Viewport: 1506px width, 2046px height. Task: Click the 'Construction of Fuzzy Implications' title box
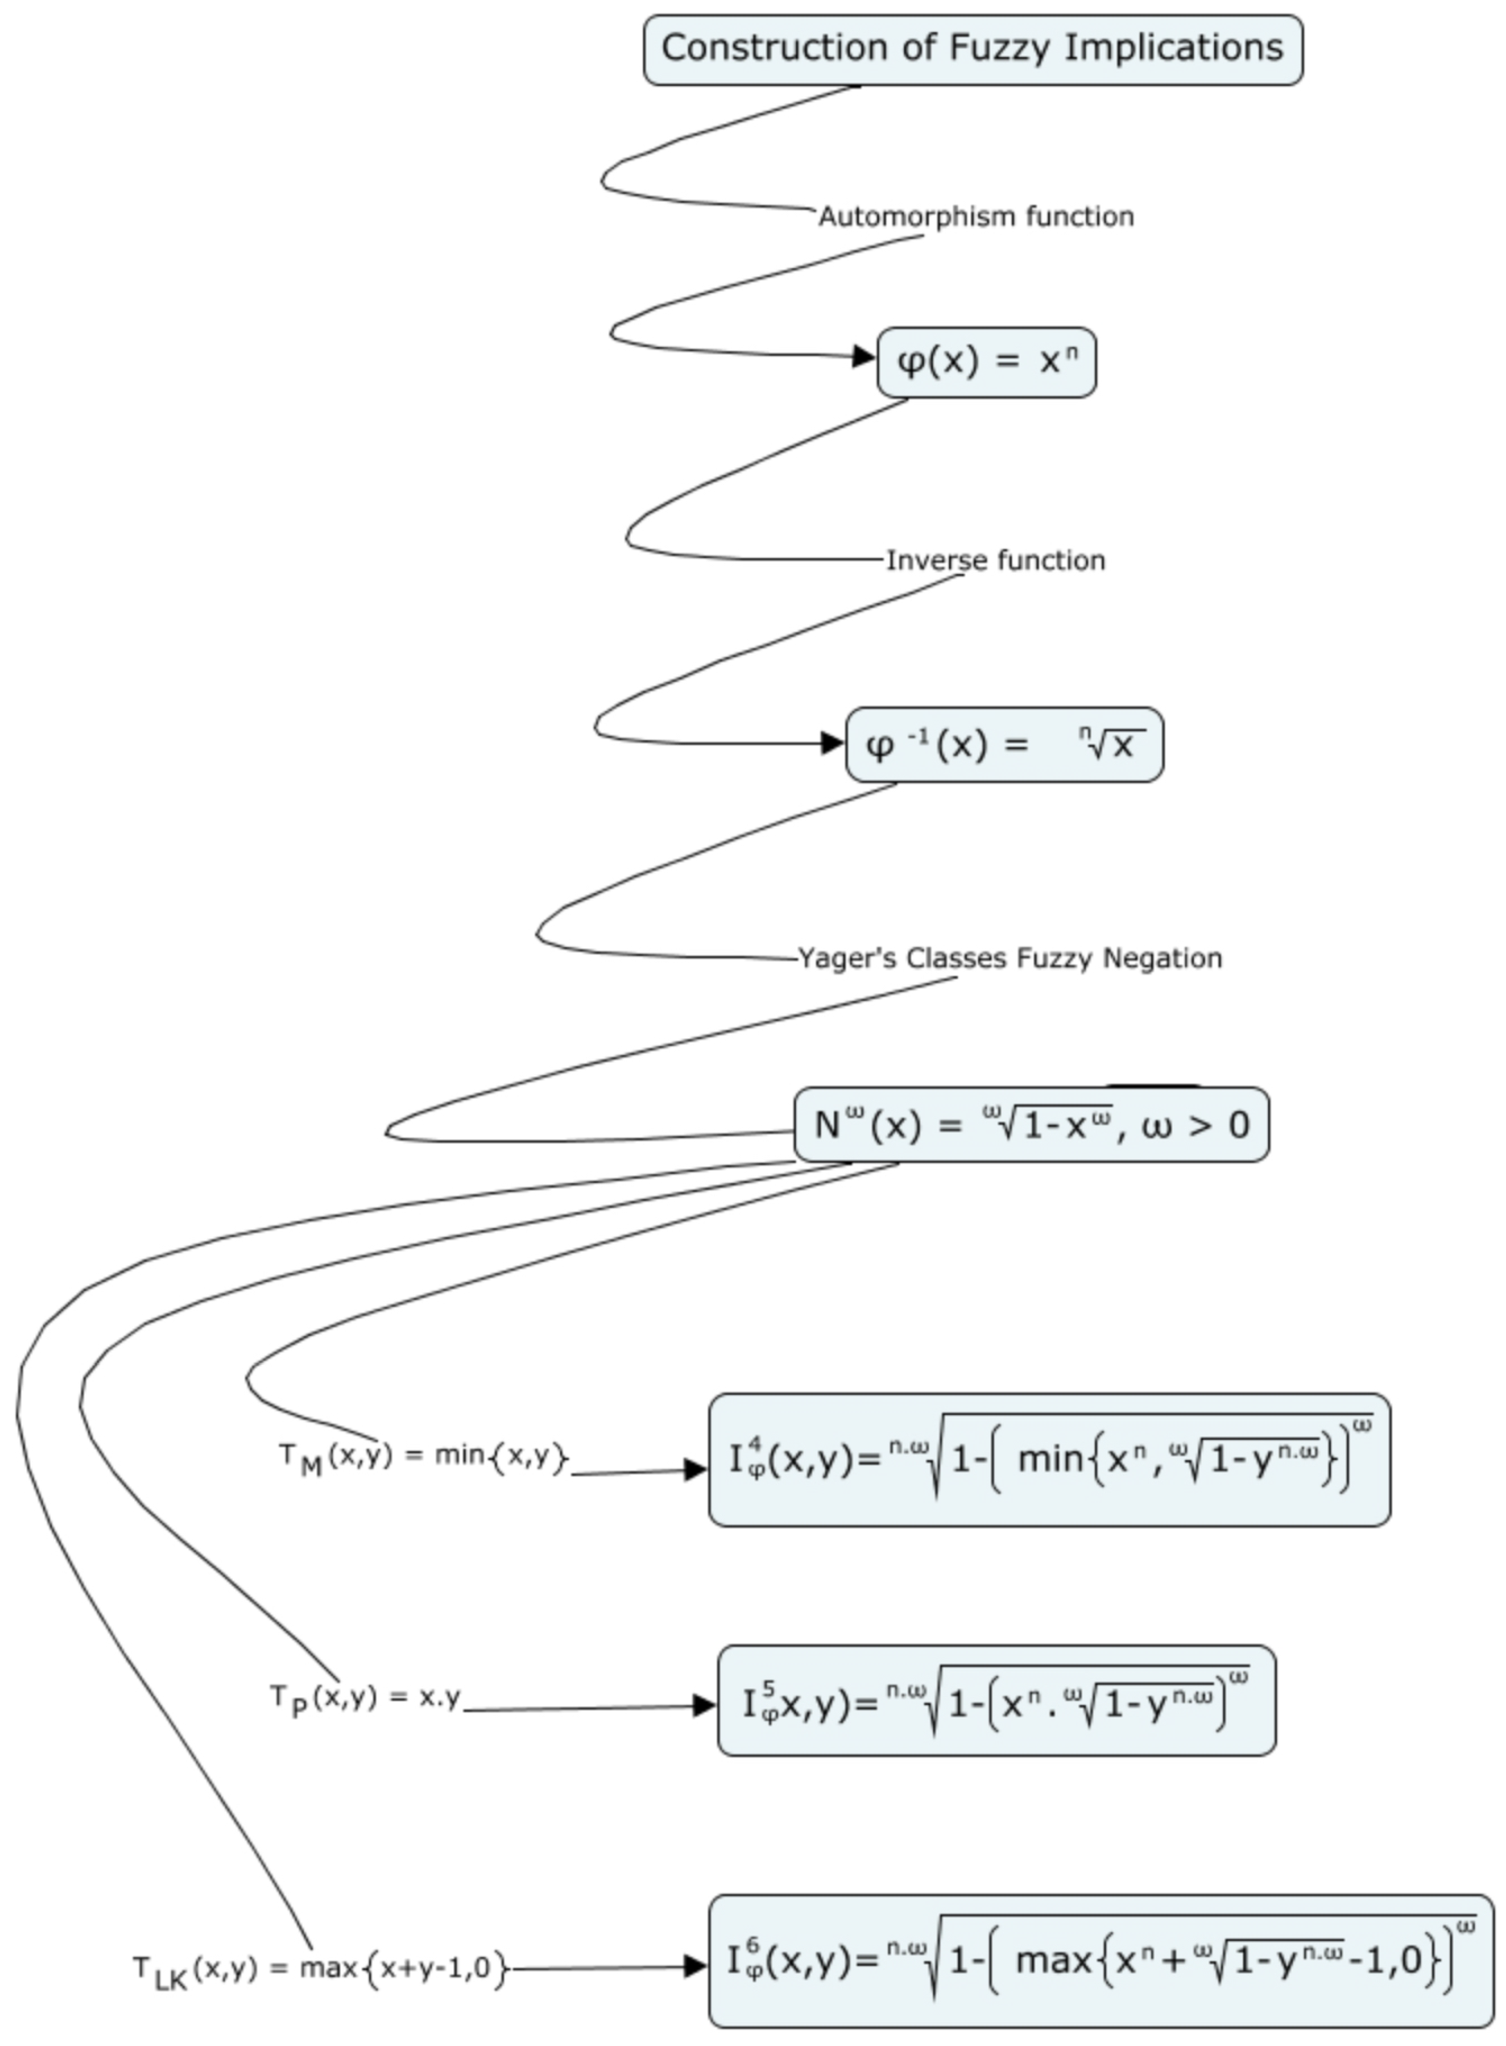coord(973,50)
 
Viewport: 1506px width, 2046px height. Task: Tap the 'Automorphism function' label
coord(976,217)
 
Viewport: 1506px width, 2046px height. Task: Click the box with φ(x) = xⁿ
coord(987,363)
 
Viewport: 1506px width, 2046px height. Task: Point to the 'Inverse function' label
coord(995,560)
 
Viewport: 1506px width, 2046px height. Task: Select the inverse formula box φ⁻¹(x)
coord(1004,745)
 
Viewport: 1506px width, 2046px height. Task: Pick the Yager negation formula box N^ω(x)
coord(1031,1124)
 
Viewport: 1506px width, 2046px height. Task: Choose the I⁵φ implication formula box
coord(996,1701)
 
